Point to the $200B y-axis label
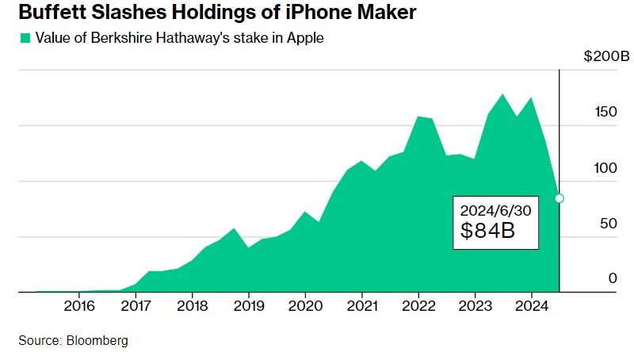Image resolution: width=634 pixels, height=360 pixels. (606, 57)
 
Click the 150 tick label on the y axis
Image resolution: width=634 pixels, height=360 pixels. (606, 112)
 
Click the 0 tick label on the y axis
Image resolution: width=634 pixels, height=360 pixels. (613, 278)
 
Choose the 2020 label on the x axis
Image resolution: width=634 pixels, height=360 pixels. (306, 306)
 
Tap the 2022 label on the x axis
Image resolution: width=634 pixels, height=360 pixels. (419, 306)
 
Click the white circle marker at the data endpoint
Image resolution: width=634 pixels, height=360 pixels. (560, 198)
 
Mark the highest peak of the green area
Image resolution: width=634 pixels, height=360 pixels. (502, 94)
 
